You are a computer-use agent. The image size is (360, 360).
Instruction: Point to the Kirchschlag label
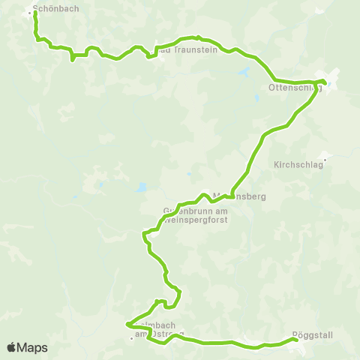pos(298,164)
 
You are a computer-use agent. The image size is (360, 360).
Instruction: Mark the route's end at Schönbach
pos(36,13)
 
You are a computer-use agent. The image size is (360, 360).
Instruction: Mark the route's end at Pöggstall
pos(296,340)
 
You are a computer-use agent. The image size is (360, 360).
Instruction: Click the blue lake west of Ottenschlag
pos(244,73)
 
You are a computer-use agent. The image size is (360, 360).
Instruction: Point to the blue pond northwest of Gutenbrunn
pos(142,187)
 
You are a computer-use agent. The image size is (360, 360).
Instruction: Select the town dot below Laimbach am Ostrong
pos(131,337)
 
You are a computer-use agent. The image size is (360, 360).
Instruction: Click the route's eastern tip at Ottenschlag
pos(325,82)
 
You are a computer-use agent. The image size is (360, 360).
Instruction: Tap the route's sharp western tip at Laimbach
pos(127,325)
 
